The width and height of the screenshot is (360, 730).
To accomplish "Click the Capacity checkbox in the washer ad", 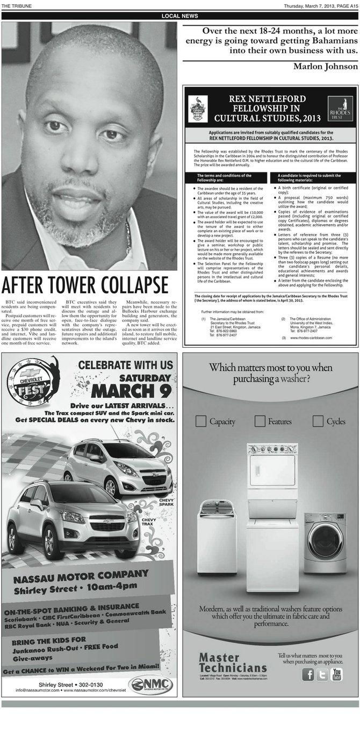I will coord(201,421).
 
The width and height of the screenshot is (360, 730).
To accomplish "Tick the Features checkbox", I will coord(260,421).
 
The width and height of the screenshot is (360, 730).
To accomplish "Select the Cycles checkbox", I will coord(318,421).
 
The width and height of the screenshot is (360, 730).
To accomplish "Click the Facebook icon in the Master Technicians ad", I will coord(308,675).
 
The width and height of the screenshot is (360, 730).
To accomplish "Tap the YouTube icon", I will coord(337,674).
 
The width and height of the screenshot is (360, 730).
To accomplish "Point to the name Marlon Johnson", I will coord(325,66).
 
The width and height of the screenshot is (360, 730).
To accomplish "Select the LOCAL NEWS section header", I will coord(180,16).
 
